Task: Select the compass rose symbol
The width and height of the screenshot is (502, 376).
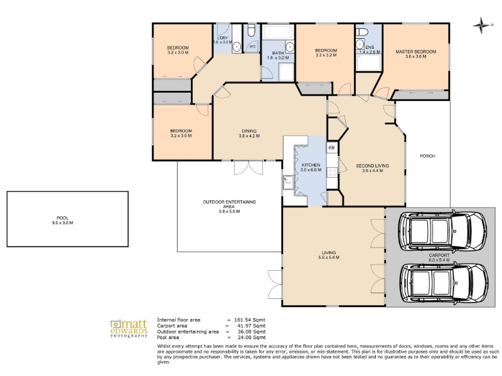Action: click(481, 25)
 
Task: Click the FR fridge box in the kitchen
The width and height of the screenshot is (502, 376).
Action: click(332, 148)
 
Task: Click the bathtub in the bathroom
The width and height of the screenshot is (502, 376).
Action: click(278, 32)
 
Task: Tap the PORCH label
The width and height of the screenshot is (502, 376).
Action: click(427, 156)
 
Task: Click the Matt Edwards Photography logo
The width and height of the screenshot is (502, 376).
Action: click(129, 328)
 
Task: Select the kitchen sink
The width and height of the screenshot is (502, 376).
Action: click(288, 182)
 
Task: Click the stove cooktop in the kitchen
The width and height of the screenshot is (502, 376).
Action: click(332, 173)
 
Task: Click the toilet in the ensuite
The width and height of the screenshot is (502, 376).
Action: click(362, 32)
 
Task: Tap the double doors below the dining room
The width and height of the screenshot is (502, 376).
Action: click(248, 167)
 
